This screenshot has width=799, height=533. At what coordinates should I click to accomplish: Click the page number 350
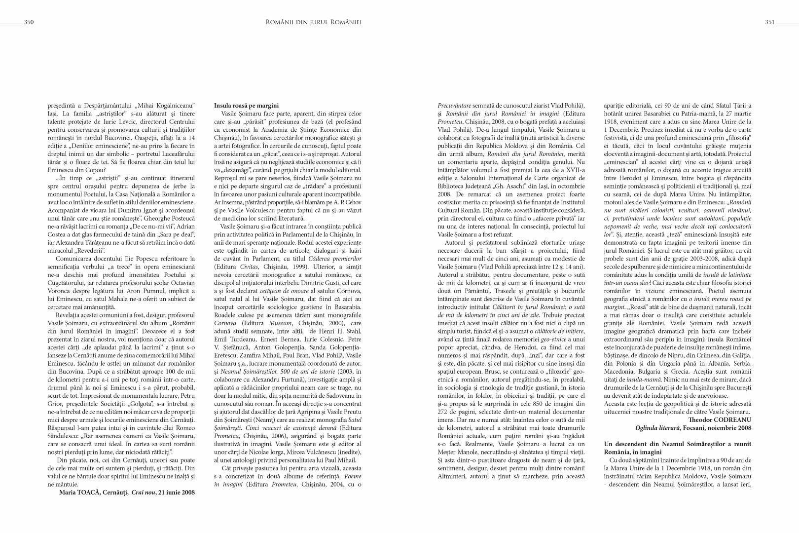click(x=29, y=22)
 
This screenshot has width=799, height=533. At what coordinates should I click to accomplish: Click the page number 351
click(x=770, y=22)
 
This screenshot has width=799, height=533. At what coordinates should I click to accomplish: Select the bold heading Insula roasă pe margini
click(x=246, y=106)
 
